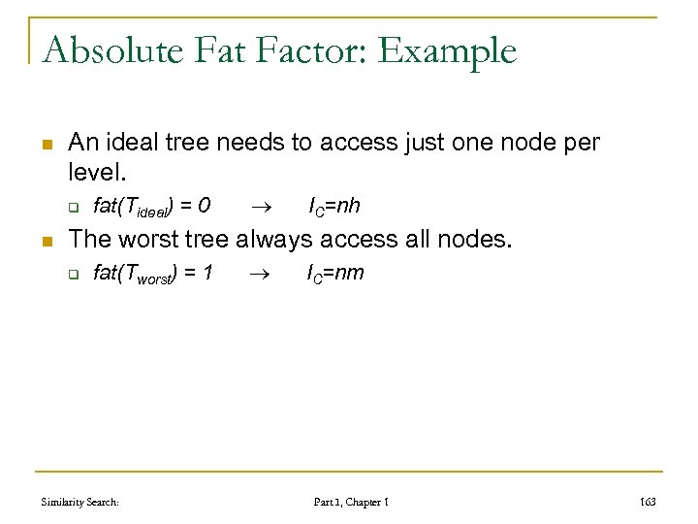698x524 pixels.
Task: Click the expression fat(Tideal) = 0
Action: click(x=152, y=206)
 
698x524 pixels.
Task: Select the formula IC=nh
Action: click(x=333, y=206)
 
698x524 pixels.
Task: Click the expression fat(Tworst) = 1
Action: click(x=153, y=274)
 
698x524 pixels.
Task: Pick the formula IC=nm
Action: click(x=335, y=274)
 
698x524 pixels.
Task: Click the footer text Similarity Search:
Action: click(x=79, y=502)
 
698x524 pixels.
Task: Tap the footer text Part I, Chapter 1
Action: click(x=351, y=502)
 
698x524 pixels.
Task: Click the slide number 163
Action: click(x=648, y=502)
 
